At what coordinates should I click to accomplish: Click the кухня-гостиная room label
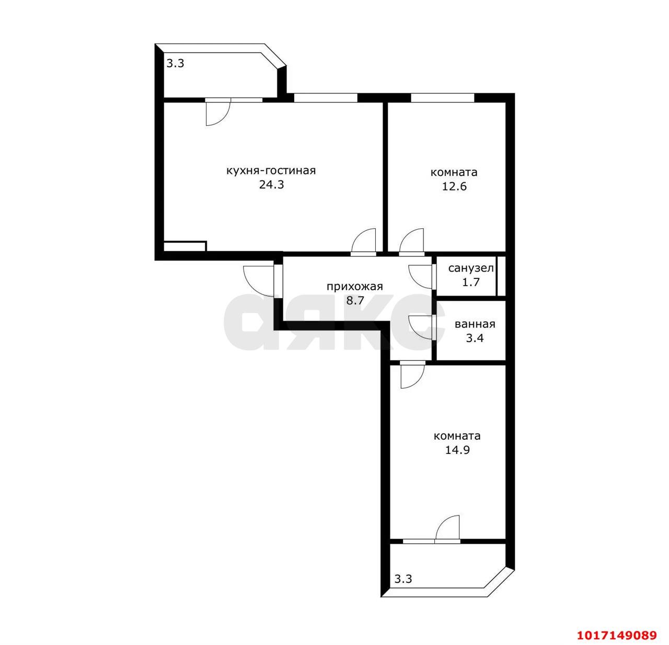[x=271, y=171]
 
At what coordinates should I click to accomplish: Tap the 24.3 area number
[x=271, y=185]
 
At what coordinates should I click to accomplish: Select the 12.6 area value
[x=454, y=186]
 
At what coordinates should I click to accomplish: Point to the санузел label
[x=470, y=268]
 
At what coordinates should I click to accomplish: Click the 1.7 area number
[x=471, y=283]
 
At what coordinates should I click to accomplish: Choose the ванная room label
[x=475, y=324]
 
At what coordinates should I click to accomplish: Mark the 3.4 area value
[x=475, y=338]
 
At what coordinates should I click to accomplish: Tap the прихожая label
[x=354, y=287]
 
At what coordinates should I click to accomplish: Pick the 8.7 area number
[x=355, y=301]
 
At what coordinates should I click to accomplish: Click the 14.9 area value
[x=457, y=450]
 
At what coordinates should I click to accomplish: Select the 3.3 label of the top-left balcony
[x=175, y=64]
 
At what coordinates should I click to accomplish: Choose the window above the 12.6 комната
[x=443, y=98]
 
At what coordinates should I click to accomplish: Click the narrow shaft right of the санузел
[x=501, y=275]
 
